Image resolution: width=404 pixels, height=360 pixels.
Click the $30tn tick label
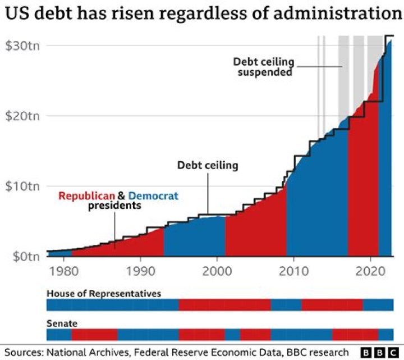[x=21, y=45]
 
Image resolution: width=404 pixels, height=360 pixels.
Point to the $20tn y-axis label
[x=21, y=116]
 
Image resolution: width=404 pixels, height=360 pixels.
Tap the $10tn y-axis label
[x=21, y=186]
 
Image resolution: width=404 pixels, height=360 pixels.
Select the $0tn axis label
[x=24, y=256]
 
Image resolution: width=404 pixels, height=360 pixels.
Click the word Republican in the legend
[x=87, y=196]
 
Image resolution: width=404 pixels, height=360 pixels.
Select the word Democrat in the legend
[x=153, y=196]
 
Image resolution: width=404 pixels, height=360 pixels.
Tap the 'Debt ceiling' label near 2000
[x=208, y=166]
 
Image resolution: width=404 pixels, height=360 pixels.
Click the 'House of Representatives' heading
[x=104, y=294]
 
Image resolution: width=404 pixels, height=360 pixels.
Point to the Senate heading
[x=62, y=324]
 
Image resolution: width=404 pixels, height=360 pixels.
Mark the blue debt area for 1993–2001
[x=194, y=239]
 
